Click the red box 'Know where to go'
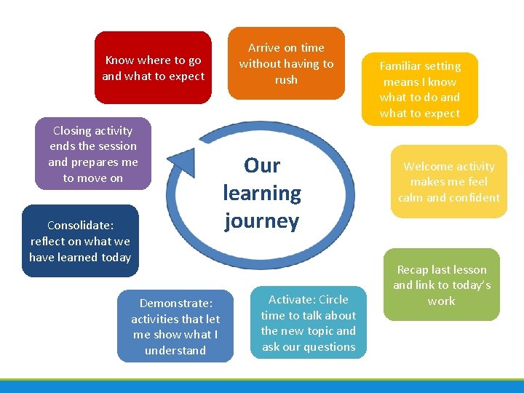click(153, 68)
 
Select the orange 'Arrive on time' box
click(286, 63)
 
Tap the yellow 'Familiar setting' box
click(420, 89)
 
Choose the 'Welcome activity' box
click(448, 182)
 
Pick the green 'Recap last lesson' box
click(442, 285)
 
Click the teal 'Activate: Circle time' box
click(309, 322)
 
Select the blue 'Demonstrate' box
click(175, 326)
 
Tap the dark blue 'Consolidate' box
click(80, 241)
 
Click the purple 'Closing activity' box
click(93, 154)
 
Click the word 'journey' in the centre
click(262, 221)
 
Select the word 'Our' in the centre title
click(262, 166)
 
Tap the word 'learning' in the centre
click(262, 193)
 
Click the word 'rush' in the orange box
click(286, 79)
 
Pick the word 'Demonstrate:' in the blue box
click(175, 303)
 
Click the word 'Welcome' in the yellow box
click(429, 167)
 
